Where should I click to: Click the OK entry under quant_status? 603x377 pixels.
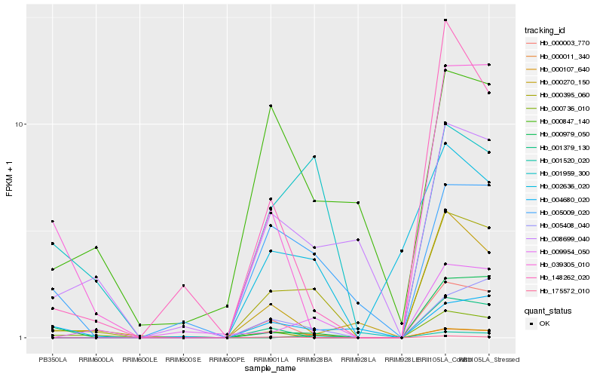(x=544, y=323)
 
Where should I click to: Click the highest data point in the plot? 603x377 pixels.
(x=445, y=20)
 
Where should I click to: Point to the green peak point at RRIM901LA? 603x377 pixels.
(x=270, y=106)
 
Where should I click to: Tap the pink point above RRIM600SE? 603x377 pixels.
(x=183, y=286)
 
